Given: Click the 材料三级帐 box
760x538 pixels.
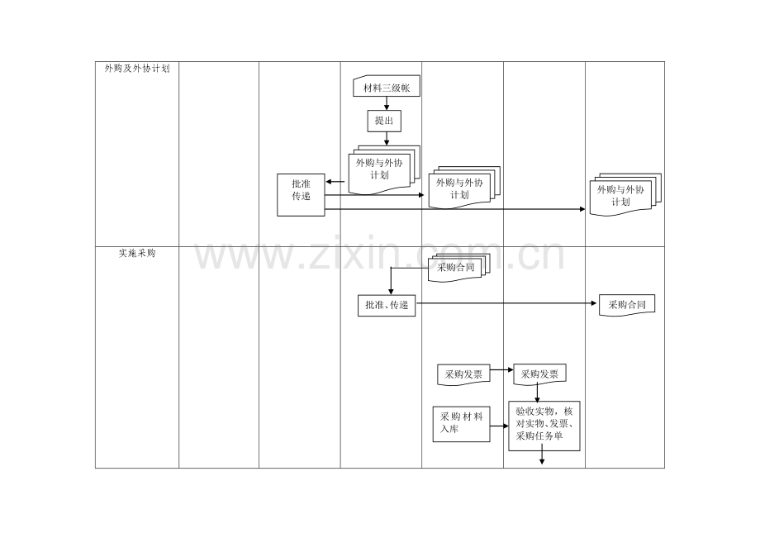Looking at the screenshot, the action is point(387,86).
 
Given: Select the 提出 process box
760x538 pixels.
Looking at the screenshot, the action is point(384,121).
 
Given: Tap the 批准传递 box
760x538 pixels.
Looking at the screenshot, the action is point(301,195).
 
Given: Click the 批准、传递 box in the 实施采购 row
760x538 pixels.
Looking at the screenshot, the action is point(387,305).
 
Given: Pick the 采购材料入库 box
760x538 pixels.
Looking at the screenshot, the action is point(462,424).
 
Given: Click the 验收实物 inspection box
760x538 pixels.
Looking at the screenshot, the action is point(544,426).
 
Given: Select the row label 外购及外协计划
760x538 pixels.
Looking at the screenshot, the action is point(137,69).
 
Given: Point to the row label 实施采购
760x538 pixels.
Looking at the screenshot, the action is point(137,253).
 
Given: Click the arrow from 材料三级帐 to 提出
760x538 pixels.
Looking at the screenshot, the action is point(387,103).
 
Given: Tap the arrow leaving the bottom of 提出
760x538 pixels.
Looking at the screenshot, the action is point(387,139).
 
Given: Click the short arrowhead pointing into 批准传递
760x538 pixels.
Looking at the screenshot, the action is point(330,182).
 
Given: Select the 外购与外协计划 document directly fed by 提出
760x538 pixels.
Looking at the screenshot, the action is point(384,169).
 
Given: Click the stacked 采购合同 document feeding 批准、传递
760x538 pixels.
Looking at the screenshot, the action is point(458,268).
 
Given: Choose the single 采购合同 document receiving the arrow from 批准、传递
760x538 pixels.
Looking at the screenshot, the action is point(627,305).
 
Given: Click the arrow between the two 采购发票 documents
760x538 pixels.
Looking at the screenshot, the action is point(501,369).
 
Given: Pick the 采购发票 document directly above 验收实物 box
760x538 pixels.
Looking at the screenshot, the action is point(540,374).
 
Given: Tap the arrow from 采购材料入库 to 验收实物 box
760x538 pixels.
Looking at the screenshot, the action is point(499,426).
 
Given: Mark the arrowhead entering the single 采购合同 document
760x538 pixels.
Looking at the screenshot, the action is point(594,303).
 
